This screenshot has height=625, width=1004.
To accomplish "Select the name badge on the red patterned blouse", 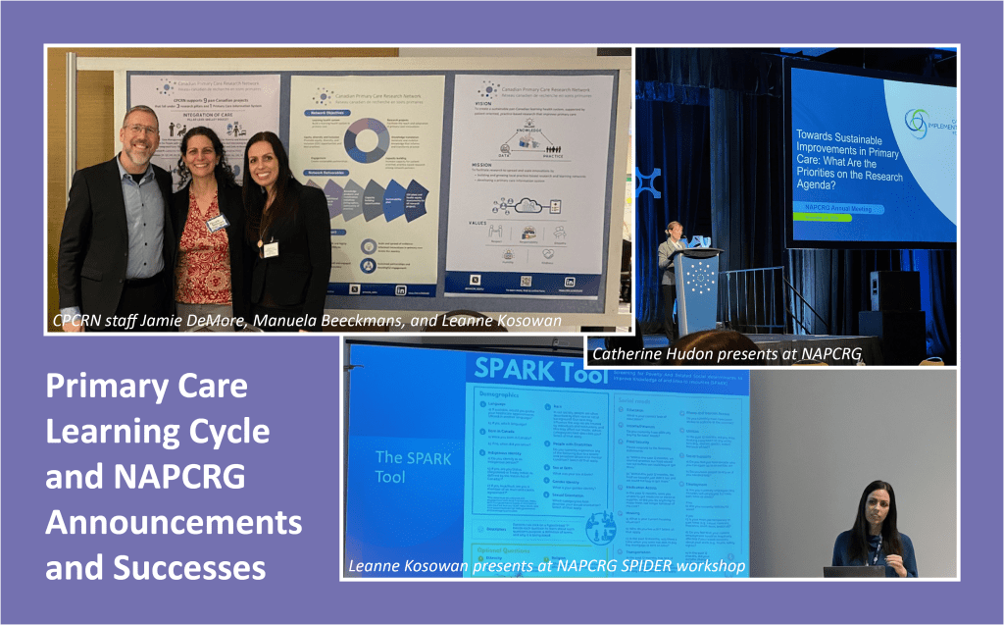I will (217, 223).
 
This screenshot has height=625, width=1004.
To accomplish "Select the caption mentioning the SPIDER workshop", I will (549, 566).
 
